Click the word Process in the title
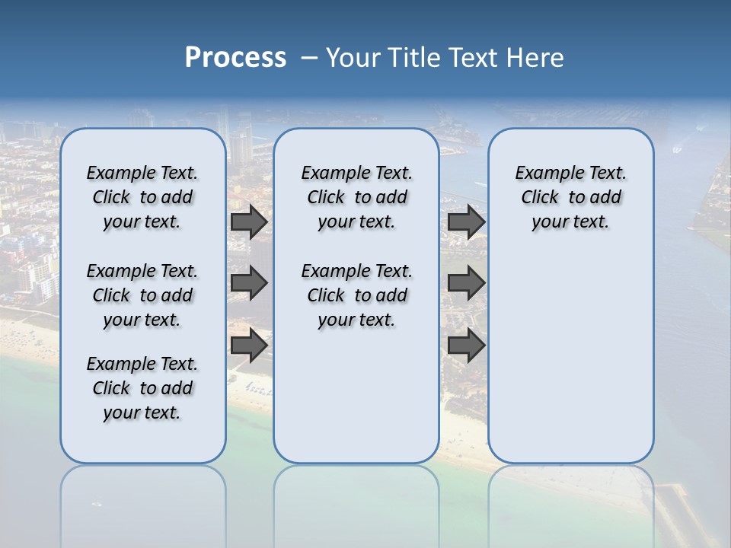coord(235,58)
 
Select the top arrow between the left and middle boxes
coord(249,222)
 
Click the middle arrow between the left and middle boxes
coord(249,283)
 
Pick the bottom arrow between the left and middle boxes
coord(249,345)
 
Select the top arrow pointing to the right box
coord(466,222)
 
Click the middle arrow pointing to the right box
coord(466,283)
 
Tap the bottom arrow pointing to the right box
coord(466,345)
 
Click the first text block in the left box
coord(142,197)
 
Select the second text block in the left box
coord(142,295)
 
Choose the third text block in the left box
coord(142,388)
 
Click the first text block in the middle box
coord(356,197)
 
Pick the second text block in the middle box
coord(356,295)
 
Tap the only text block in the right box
coord(570,197)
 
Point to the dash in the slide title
coord(309,58)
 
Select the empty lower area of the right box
coord(570,358)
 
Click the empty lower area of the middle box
coord(356,396)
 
